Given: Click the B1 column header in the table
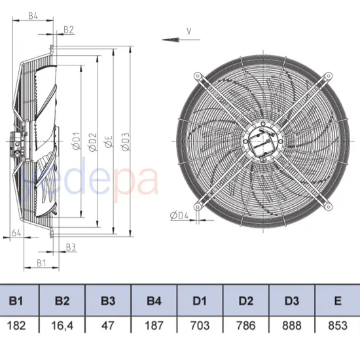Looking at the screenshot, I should click(16, 301).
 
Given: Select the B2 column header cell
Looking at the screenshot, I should click(62, 301).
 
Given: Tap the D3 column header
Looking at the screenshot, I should click(291, 301).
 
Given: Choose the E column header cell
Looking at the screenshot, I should click(337, 301).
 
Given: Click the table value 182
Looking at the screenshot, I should click(16, 325).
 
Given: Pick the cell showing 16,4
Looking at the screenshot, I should click(62, 325).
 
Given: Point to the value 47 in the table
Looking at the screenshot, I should click(108, 325).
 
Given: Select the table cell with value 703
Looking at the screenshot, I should click(200, 325).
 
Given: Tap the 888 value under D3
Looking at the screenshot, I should click(291, 325).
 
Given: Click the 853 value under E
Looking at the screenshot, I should click(337, 325).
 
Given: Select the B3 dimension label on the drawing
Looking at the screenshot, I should click(71, 247).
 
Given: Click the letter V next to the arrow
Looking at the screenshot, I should click(189, 30).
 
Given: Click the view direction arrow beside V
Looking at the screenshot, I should click(173, 39).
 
